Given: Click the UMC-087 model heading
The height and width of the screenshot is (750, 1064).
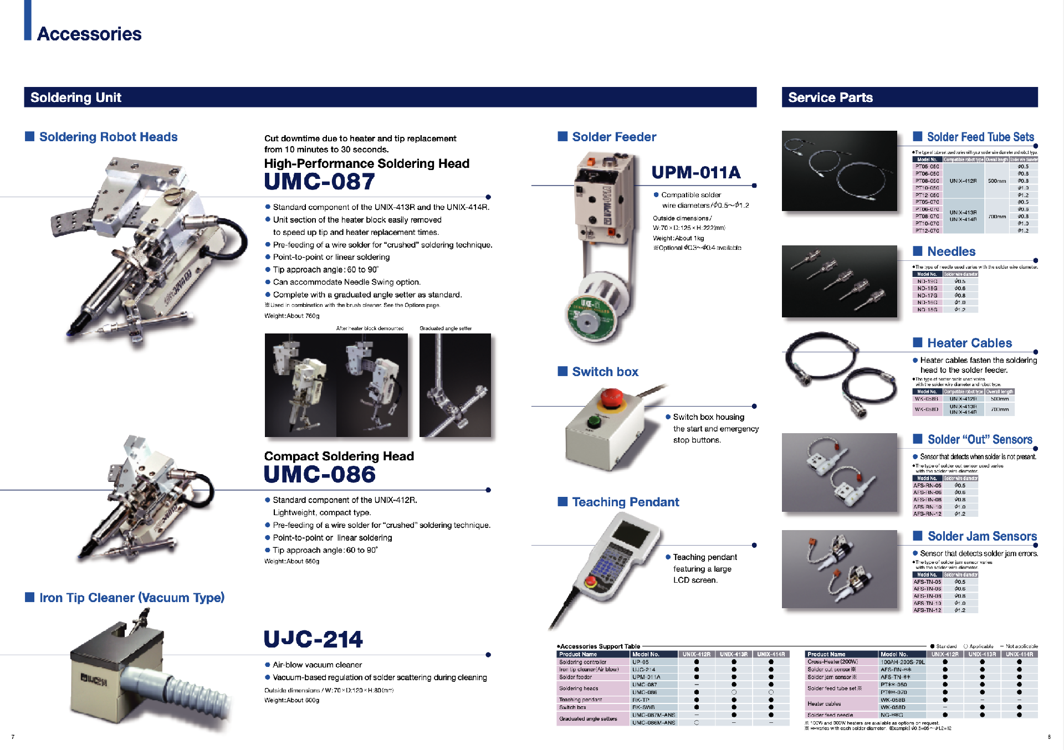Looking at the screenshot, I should coord(320,182).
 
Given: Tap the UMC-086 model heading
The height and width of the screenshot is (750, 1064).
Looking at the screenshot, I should coord(320,475).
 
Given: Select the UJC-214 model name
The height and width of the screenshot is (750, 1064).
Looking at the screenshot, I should coord(313,639).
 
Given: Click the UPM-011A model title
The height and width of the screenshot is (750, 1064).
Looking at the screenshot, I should coord(695,172).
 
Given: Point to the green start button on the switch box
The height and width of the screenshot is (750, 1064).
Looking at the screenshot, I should coord(594,422).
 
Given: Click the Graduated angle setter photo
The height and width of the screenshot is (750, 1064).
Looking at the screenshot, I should coord(455,385).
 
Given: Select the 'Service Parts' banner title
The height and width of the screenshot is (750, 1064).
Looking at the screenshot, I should coord(830,97).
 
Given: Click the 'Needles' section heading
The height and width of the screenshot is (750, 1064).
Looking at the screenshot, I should coord(951,251).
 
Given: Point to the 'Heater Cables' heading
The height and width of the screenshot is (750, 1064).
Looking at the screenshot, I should coord(969,343).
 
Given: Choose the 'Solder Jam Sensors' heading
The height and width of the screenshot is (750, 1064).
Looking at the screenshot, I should coord(982,536).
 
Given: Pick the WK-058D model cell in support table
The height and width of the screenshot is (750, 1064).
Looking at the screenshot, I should coord(893,707).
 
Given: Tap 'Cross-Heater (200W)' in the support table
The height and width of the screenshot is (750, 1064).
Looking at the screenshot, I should coord(832,662).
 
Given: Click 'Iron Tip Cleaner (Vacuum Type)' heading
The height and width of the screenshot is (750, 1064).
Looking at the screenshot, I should coord(132,598).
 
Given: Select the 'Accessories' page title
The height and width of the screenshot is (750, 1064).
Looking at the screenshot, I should coord(89,34).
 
